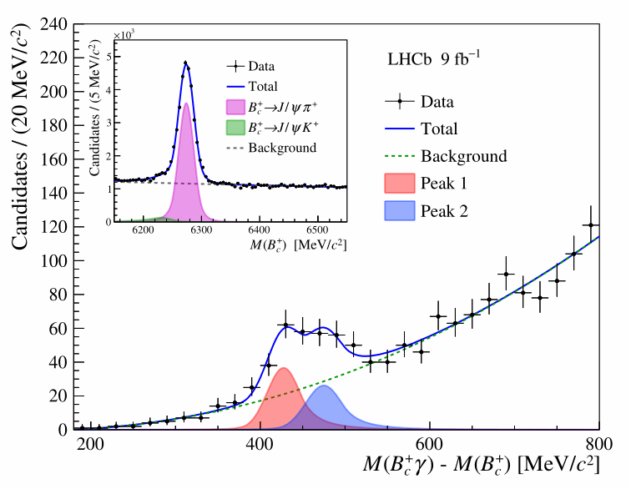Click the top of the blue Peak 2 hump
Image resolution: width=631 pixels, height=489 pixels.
(324, 386)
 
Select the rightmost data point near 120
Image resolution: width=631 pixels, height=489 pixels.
(591, 225)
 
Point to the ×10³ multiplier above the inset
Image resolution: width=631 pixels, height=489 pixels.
(123, 35)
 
